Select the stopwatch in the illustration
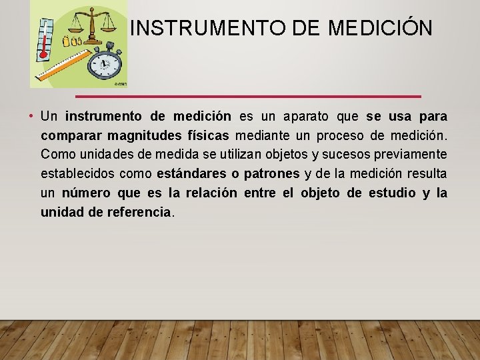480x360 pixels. pyautogui.click(x=104, y=65)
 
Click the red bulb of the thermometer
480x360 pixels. pyautogui.click(x=44, y=56)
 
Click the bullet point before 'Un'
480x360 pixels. pyautogui.click(x=32, y=117)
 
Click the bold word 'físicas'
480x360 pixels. pyautogui.click(x=205, y=136)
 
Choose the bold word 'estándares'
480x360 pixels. pyautogui.click(x=189, y=174)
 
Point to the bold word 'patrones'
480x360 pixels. pyautogui.click(x=272, y=174)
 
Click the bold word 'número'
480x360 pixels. pyautogui.click(x=86, y=193)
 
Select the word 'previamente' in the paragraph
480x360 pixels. pyautogui.click(x=414, y=155)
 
